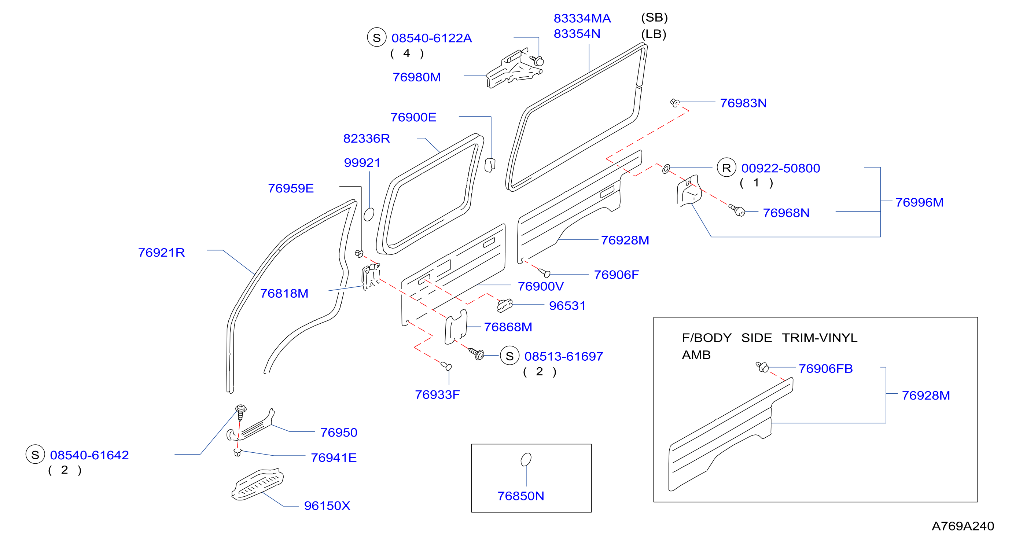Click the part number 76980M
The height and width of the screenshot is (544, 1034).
tap(417, 77)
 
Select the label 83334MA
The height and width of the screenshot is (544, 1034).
tap(582, 18)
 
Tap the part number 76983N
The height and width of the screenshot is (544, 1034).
tap(743, 103)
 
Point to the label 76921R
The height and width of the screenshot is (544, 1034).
tap(161, 253)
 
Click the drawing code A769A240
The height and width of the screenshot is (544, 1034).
tap(963, 526)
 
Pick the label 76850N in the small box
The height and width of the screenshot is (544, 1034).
tap(520, 496)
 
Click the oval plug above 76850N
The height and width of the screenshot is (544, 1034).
tap(526, 459)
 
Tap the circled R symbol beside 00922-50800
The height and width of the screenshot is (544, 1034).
tap(726, 168)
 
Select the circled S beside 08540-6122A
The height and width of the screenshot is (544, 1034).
tap(376, 37)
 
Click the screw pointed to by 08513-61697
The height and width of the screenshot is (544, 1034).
tap(477, 354)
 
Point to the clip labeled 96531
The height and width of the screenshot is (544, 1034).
tap(505, 305)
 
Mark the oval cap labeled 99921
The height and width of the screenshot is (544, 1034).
tap(369, 214)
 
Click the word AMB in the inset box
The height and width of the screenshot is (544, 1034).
tap(696, 355)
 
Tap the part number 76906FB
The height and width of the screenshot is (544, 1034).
tap(825, 368)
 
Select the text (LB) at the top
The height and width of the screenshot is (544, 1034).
tap(654, 34)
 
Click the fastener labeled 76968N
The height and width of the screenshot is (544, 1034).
tap(737, 210)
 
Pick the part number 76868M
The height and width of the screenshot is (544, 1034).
tap(508, 327)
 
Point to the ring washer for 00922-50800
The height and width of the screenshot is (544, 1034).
tap(666, 169)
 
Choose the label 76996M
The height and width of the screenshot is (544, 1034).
tap(919, 202)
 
